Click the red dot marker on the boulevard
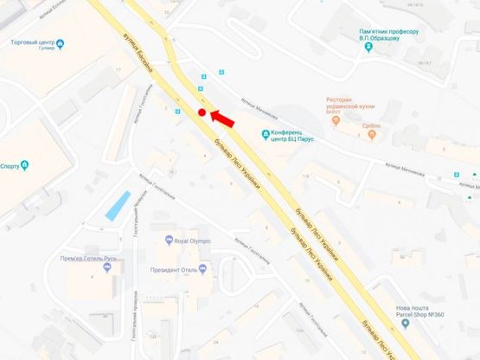click(201, 112)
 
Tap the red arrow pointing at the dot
click(221, 116)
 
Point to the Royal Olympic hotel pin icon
click(168, 241)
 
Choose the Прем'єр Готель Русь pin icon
click(107, 268)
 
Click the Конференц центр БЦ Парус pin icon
click(266, 132)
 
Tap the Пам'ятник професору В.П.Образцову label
click(388, 35)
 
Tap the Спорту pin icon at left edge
click(25, 164)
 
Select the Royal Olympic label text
click(193, 241)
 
